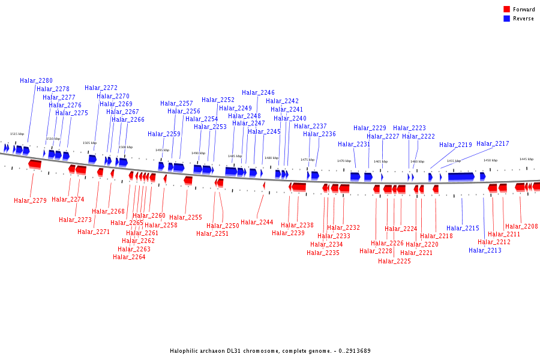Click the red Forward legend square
507,9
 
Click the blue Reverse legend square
507,19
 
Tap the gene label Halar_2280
36,80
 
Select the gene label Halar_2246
258,92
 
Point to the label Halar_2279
30,200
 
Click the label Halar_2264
129,257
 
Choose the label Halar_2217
493,143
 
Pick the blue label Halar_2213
485,250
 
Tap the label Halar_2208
521,226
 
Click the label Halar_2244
257,222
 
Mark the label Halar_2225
394,261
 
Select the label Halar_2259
164,134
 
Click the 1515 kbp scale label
17,134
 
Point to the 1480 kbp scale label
271,158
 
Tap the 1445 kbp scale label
526,159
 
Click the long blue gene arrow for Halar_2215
461,176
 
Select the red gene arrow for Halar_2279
35,164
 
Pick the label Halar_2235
323,253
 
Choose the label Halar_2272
101,88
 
